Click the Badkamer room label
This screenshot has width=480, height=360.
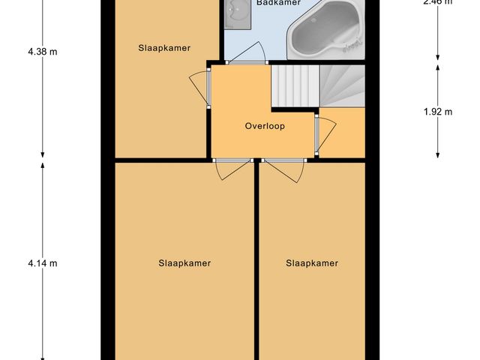[278, 3]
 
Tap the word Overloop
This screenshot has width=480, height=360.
[265, 126]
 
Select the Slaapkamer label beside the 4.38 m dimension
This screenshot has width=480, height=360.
[164, 48]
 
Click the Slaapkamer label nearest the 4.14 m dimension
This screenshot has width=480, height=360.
[184, 263]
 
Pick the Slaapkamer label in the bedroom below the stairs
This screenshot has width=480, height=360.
[312, 263]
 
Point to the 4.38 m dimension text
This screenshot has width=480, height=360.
[42, 52]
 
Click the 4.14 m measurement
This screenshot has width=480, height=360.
[42, 263]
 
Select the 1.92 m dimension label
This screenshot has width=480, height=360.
[438, 112]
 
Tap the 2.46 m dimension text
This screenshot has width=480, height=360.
[438, 2]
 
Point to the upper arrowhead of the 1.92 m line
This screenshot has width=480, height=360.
[438, 67]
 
